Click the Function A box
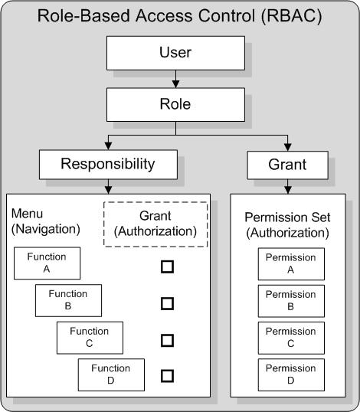[47, 263]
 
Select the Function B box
[68, 299]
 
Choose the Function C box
[90, 337]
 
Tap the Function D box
[111, 374]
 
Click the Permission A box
[290, 263]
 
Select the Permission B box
[290, 299]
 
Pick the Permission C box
[290, 337]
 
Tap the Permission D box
[290, 374]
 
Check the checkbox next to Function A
[167, 267]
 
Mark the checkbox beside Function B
[167, 303]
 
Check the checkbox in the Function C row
[167, 339]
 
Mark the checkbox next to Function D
[167, 375]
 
